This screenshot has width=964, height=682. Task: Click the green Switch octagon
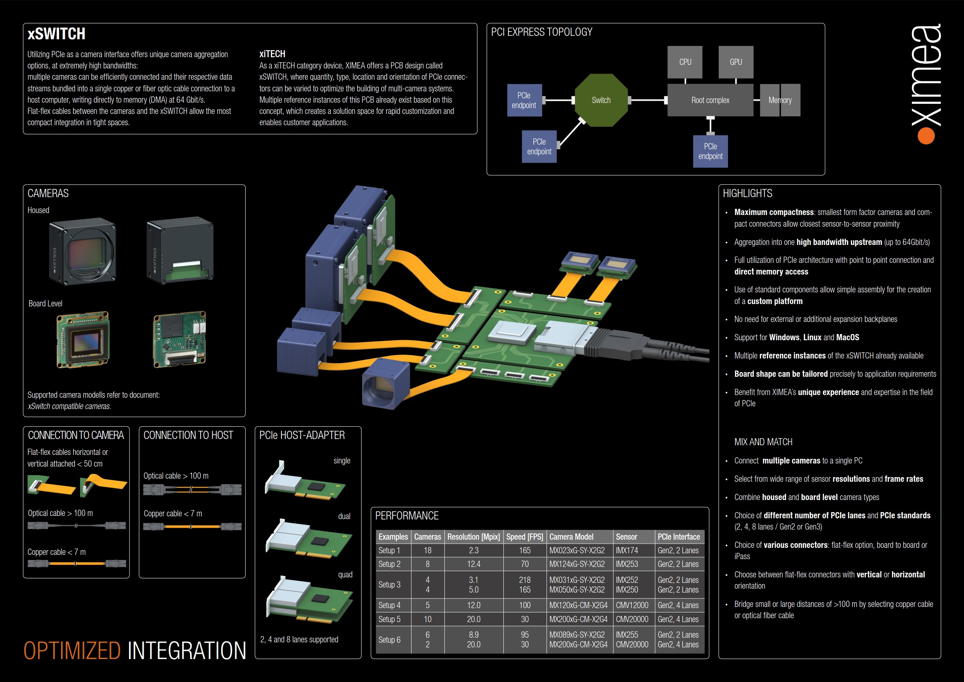pos(601,100)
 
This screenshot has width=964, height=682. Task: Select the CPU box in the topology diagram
pos(685,62)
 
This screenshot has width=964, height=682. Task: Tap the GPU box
pos(735,62)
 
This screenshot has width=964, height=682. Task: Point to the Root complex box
pos(710,100)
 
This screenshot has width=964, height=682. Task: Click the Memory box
pos(780,100)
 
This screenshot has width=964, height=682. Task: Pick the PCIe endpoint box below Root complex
pos(710,151)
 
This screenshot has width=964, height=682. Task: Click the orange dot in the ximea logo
pos(926,136)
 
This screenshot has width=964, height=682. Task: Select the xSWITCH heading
pos(57,33)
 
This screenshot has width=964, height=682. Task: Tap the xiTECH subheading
pos(272,54)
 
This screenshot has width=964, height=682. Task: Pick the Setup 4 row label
pos(389,605)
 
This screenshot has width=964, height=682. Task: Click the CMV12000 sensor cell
pos(632,605)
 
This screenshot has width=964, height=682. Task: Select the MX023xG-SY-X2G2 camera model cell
pos(577,551)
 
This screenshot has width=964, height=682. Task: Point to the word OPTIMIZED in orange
pos(72,651)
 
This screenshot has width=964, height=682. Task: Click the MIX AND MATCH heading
pos(763,442)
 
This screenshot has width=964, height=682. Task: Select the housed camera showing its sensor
pos(83,252)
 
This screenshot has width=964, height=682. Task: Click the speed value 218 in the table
pos(524,580)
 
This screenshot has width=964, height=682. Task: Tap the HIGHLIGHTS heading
pos(747,193)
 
